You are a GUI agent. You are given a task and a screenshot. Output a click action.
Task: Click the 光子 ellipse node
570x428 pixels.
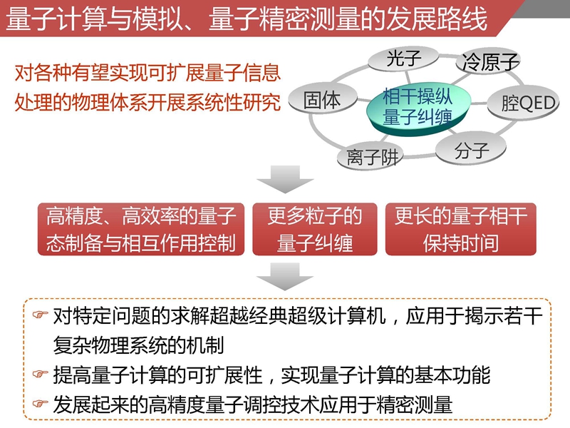[x=403, y=58]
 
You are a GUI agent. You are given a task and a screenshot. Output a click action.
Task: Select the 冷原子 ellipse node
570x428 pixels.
[x=489, y=61]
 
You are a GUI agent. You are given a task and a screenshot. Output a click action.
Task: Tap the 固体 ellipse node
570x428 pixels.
[x=323, y=99]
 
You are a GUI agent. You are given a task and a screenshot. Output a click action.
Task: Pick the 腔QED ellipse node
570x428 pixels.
[x=524, y=103]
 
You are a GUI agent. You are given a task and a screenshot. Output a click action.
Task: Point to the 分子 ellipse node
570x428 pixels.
[x=471, y=150]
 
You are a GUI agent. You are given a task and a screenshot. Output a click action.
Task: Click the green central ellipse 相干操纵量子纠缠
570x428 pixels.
[x=418, y=108]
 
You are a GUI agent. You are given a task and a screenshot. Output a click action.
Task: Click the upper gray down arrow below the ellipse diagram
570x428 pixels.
[x=284, y=179]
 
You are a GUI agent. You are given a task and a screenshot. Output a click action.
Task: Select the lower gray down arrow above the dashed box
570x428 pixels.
[x=284, y=276]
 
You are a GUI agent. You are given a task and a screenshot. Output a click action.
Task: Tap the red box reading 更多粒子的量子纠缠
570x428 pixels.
[x=315, y=229]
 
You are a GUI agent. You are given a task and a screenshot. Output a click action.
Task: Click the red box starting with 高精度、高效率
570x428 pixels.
[x=141, y=229]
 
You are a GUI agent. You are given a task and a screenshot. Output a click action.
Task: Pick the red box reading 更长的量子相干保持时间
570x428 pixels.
[x=461, y=229]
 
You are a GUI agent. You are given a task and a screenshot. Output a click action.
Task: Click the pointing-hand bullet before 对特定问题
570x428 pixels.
[x=41, y=314]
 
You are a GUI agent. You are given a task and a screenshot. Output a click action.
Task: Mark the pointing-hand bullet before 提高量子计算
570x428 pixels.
[x=41, y=374]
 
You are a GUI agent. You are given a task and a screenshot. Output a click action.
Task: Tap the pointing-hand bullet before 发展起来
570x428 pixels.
[x=41, y=403]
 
